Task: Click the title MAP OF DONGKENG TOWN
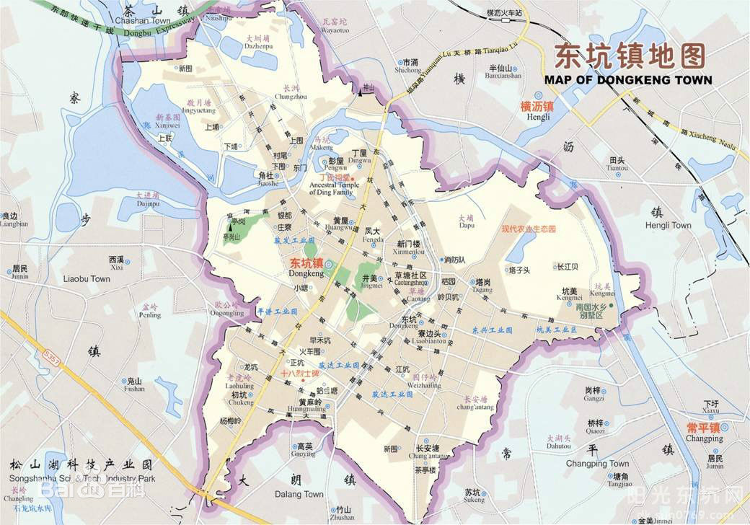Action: (x=627, y=80)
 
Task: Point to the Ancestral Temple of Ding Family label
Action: (x=332, y=188)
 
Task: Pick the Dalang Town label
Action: (x=299, y=494)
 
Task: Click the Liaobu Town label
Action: (x=87, y=278)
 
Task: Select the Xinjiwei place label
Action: (x=167, y=125)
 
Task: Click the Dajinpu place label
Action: (x=147, y=203)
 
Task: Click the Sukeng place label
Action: (x=474, y=499)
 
